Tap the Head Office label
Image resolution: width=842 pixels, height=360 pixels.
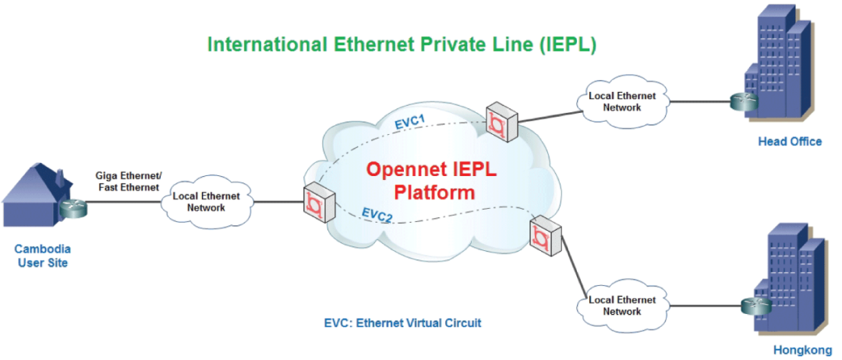point(790,142)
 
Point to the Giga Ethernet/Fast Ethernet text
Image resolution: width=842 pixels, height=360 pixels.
point(128,182)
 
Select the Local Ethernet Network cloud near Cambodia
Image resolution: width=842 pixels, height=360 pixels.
point(206,202)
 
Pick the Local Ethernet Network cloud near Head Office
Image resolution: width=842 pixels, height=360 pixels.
point(621,101)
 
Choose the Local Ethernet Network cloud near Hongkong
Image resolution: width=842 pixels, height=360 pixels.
point(621,305)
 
